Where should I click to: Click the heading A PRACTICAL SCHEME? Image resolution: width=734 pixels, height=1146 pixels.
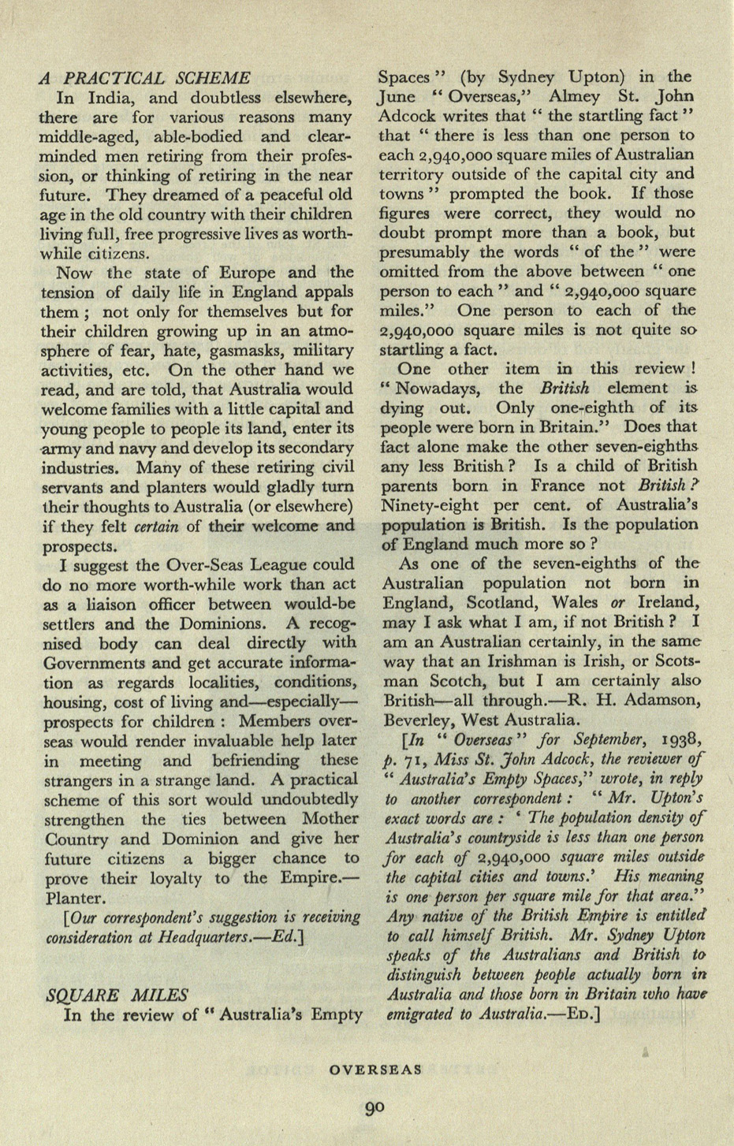click(145, 78)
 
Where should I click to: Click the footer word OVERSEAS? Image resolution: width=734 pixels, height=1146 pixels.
click(376, 1070)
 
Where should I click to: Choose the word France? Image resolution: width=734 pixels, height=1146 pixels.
click(551, 486)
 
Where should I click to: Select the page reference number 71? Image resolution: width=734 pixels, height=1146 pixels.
click(413, 758)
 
